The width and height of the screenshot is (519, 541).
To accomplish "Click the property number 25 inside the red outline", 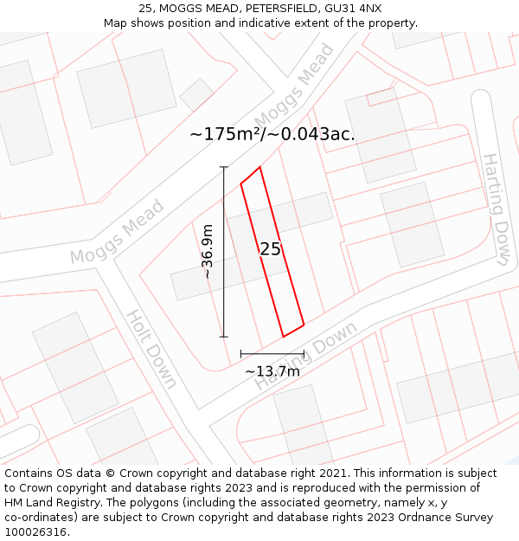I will [x=270, y=249].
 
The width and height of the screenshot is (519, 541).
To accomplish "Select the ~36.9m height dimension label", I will [x=208, y=251].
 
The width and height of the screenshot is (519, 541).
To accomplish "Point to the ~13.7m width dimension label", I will [x=272, y=371].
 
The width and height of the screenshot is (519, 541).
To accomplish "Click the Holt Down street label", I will [x=152, y=348].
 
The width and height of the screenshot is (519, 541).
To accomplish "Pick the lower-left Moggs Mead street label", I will [x=117, y=231].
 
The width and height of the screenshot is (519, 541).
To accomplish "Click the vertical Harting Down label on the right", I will [x=496, y=208].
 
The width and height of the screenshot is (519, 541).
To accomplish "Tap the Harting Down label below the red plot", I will [x=305, y=356].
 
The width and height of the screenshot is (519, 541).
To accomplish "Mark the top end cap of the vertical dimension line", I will [x=224, y=166].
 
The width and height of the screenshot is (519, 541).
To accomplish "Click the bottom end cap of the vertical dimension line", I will [x=224, y=337].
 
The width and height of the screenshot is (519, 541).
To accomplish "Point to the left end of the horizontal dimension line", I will [x=241, y=353].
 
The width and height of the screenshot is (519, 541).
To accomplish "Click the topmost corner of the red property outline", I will [x=259, y=167].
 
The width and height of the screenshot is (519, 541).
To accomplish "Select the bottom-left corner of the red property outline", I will [x=284, y=336].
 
